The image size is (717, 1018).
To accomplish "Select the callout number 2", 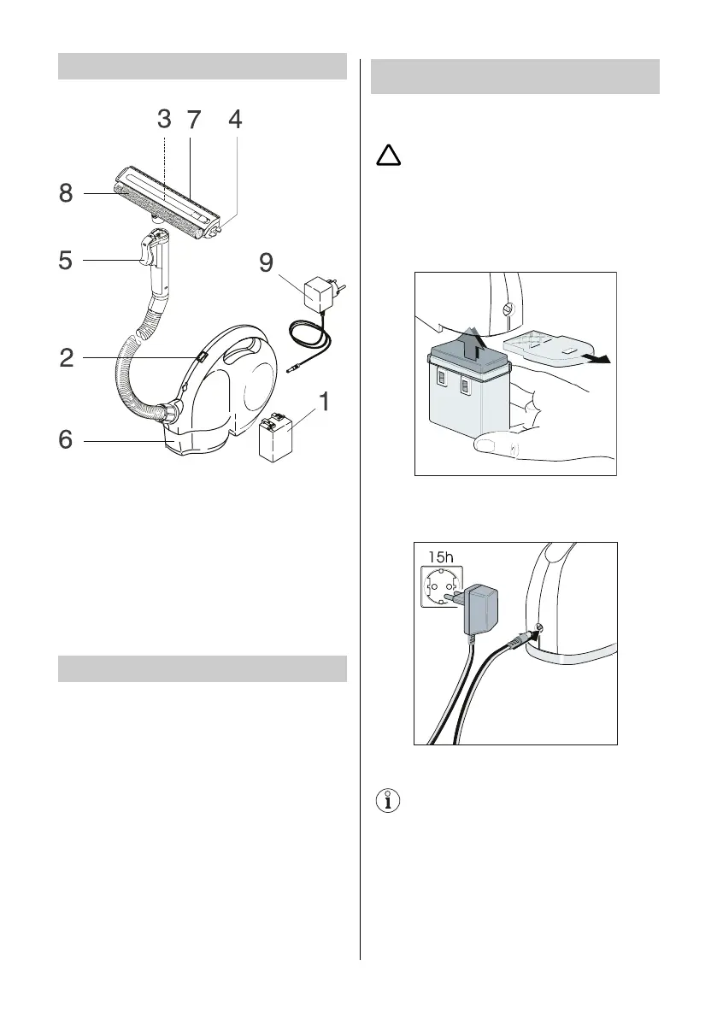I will tap(68, 359).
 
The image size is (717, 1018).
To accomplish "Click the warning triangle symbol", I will tap(390, 156).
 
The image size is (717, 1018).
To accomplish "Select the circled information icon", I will tap(389, 802).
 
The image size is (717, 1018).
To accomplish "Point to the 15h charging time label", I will tap(438, 557).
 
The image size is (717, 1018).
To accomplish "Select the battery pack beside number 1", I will tap(276, 436).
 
